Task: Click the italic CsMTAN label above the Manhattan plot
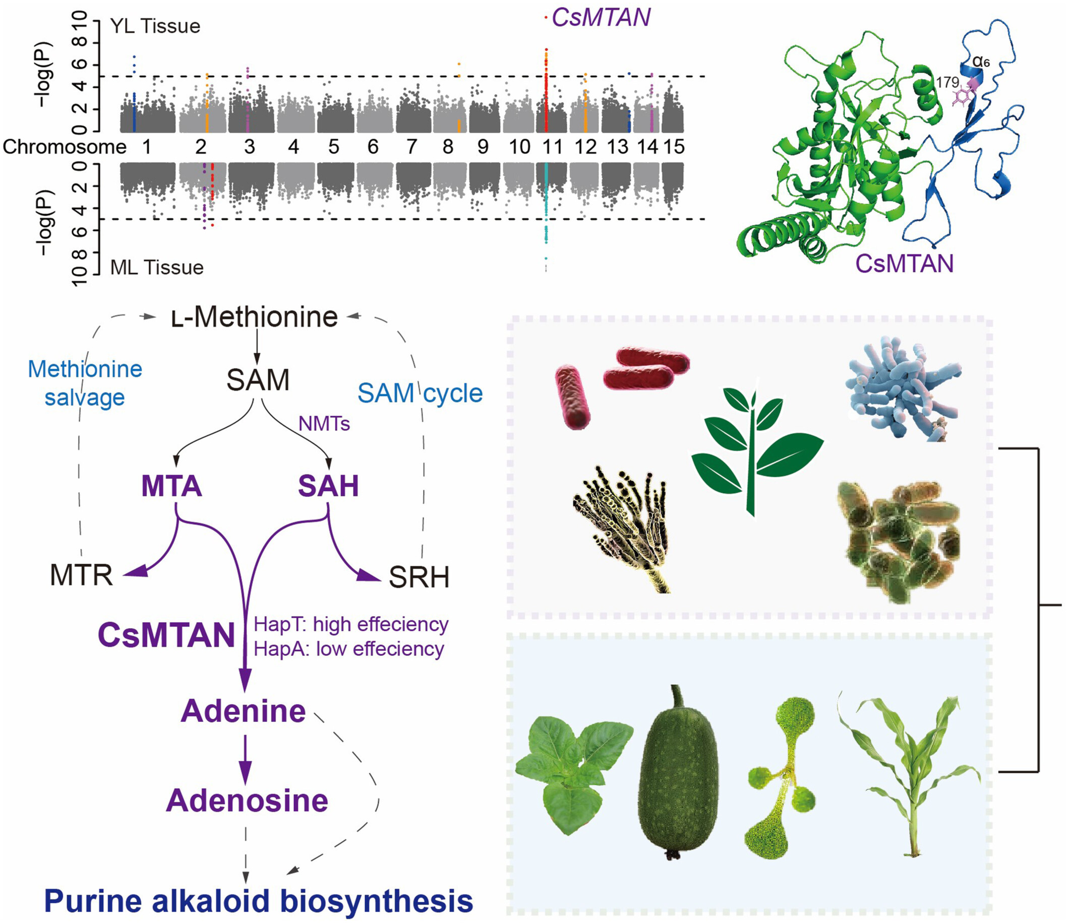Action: [x=601, y=18]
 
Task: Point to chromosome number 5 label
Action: [x=333, y=147]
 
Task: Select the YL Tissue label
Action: [x=155, y=26]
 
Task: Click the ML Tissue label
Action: [x=157, y=268]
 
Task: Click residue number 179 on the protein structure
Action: [x=947, y=82]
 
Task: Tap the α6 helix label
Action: [x=981, y=62]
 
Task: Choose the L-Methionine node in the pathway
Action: [x=255, y=317]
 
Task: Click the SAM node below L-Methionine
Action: [x=258, y=380]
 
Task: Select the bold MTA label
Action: [x=171, y=486]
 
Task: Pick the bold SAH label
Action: [x=328, y=486]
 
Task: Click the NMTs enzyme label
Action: [x=324, y=424]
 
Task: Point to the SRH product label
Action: [x=419, y=577]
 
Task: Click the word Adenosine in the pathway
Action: [x=247, y=801]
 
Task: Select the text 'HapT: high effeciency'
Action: [x=351, y=624]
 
